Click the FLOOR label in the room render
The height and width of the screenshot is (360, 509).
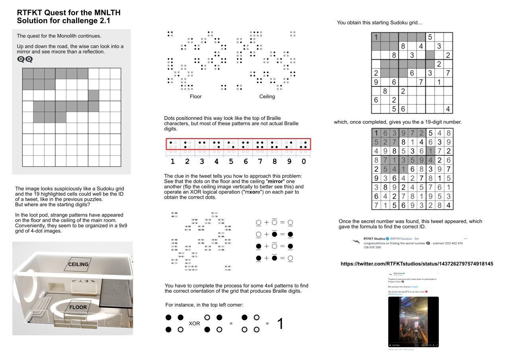point(78,307)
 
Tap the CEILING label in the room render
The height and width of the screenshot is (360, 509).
point(78,264)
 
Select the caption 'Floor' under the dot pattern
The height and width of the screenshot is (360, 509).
point(196,96)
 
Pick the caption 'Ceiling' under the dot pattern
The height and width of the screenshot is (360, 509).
point(267,96)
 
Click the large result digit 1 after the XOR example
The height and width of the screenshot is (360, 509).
point(280,323)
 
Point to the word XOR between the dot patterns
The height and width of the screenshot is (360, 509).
point(194,323)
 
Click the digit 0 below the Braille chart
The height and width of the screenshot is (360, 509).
point(303,162)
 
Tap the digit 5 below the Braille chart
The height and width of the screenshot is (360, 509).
point(231,162)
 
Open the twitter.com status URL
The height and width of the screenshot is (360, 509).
point(417,264)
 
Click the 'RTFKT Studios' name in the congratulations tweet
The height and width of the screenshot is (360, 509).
point(374,239)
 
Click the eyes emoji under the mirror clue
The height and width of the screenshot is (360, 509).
point(25,59)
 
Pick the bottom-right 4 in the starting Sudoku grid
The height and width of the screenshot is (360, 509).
point(448,109)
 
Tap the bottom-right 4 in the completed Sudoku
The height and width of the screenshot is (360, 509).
point(448,205)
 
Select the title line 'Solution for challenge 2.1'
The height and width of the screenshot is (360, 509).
point(64,21)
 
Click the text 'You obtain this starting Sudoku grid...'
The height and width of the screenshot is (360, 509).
point(379,23)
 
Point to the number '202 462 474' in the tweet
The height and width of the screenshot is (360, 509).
point(449,243)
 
